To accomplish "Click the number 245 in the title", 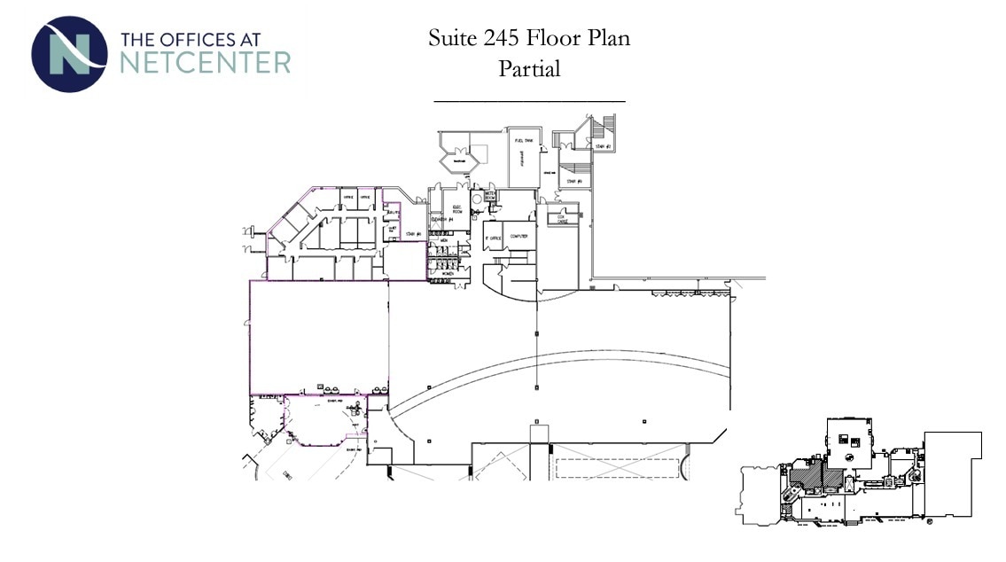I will click(x=503, y=38).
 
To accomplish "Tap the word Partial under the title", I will click(x=529, y=68).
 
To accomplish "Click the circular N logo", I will click(x=68, y=54).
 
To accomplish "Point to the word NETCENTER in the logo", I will click(x=205, y=62).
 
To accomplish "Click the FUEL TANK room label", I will click(x=522, y=140).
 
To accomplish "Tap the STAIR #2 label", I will click(x=603, y=146).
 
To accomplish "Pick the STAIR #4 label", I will click(x=412, y=234).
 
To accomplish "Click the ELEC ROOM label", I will click(x=457, y=210).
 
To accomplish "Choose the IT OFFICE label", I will click(x=493, y=237).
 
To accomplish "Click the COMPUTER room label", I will click(x=519, y=236).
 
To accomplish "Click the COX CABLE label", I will click(x=560, y=219).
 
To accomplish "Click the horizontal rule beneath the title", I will click(x=529, y=102).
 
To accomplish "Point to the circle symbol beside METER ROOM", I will click(x=477, y=201).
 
